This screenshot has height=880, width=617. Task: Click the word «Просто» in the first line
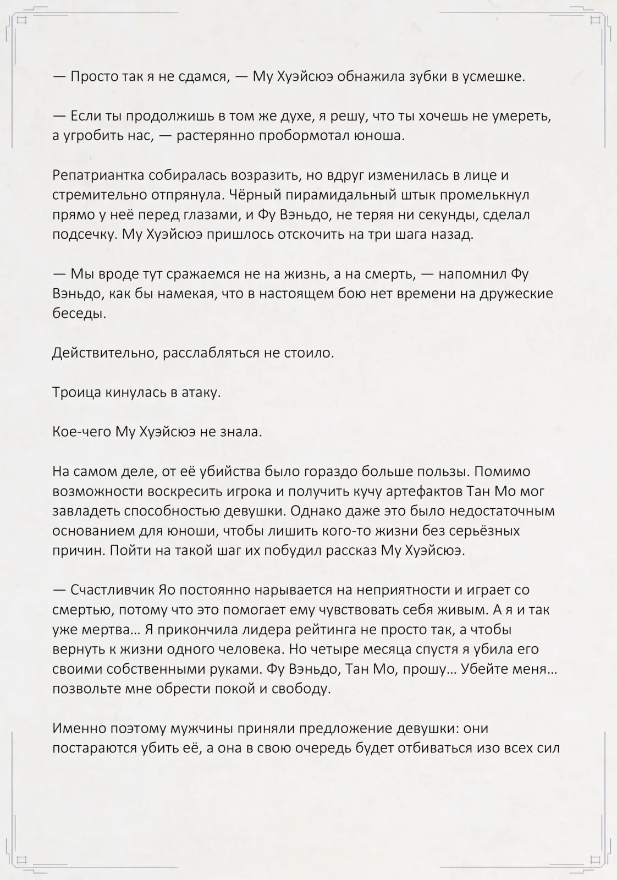click(x=93, y=76)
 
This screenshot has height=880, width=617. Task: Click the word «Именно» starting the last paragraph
click(x=75, y=728)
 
